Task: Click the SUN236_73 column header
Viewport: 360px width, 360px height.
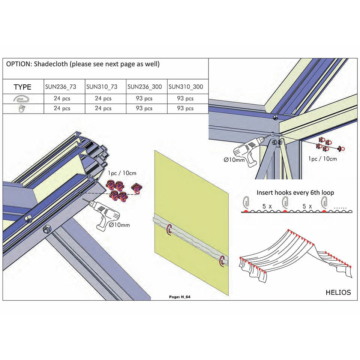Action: [x=60, y=87]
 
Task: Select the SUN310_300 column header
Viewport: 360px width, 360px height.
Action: [x=186, y=87]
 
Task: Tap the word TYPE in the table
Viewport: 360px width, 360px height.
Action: [x=22, y=87]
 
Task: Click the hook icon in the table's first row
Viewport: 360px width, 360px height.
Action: [x=23, y=99]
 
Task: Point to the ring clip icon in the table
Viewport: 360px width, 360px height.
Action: [x=23, y=108]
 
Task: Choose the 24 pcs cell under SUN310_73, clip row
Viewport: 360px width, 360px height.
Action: [x=103, y=108]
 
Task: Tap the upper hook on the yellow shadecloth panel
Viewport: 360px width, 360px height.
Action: [x=169, y=229]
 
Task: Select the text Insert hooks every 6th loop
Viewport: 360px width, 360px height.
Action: [x=295, y=192]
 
